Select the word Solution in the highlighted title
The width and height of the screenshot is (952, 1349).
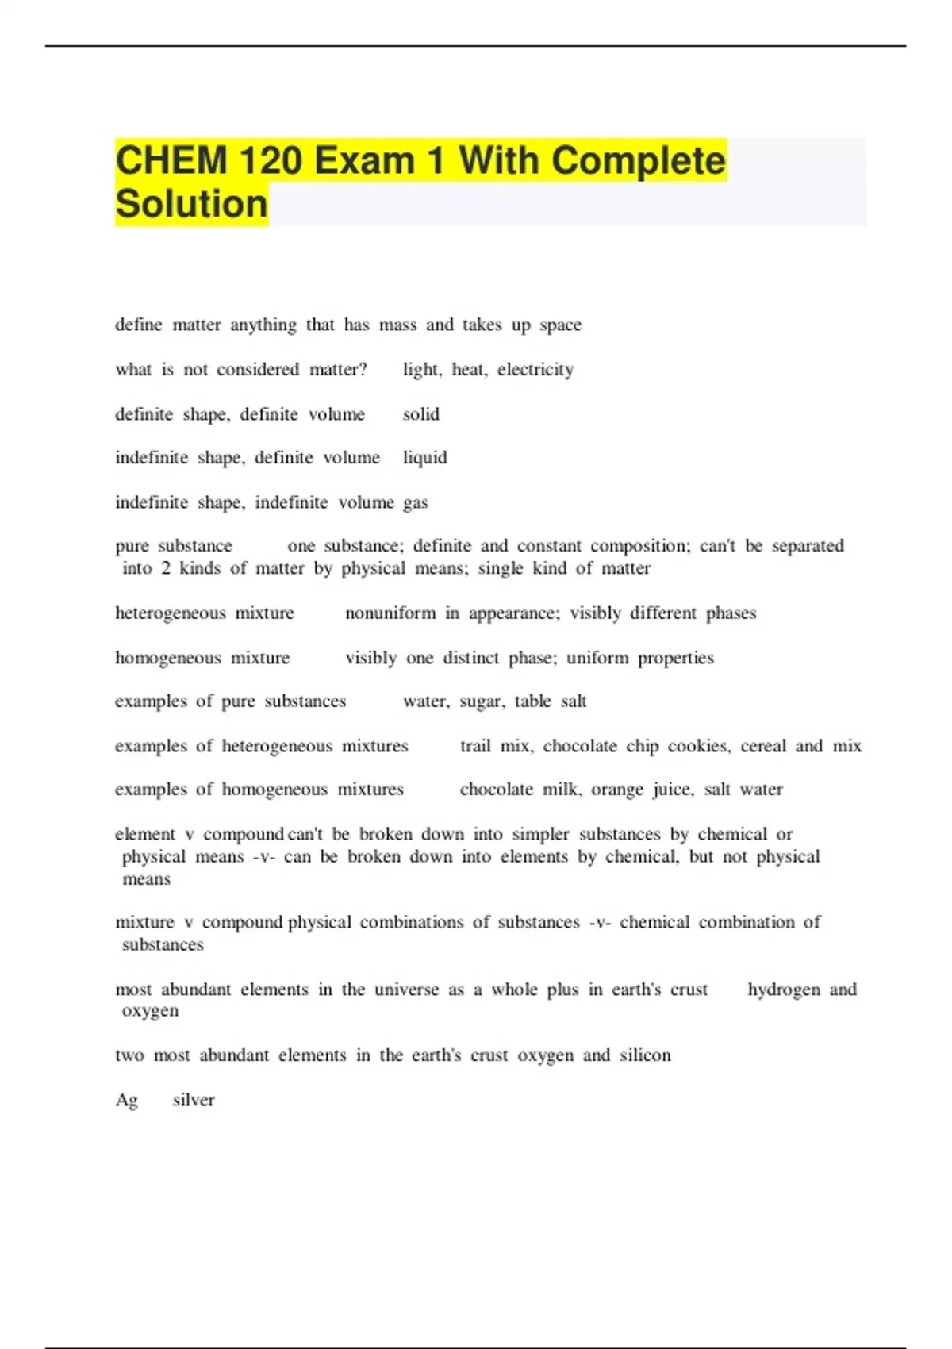tap(191, 204)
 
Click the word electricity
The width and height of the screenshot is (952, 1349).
tap(535, 370)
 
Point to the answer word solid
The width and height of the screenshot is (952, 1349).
tap(420, 414)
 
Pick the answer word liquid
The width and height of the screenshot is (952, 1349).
tap(424, 458)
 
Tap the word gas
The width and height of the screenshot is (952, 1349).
tap(416, 503)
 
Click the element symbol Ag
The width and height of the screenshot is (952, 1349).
tap(127, 1101)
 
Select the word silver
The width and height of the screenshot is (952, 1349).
tap(194, 1100)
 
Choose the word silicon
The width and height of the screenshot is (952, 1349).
tap(645, 1055)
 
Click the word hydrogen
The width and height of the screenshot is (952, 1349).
tap(784, 990)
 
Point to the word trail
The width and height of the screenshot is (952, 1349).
tap(475, 746)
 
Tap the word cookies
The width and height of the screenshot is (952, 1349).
tap(698, 746)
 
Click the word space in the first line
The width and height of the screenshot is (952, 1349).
tap(561, 325)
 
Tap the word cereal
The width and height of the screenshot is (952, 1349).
tap(762, 746)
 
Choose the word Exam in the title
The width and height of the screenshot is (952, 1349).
tap(364, 161)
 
